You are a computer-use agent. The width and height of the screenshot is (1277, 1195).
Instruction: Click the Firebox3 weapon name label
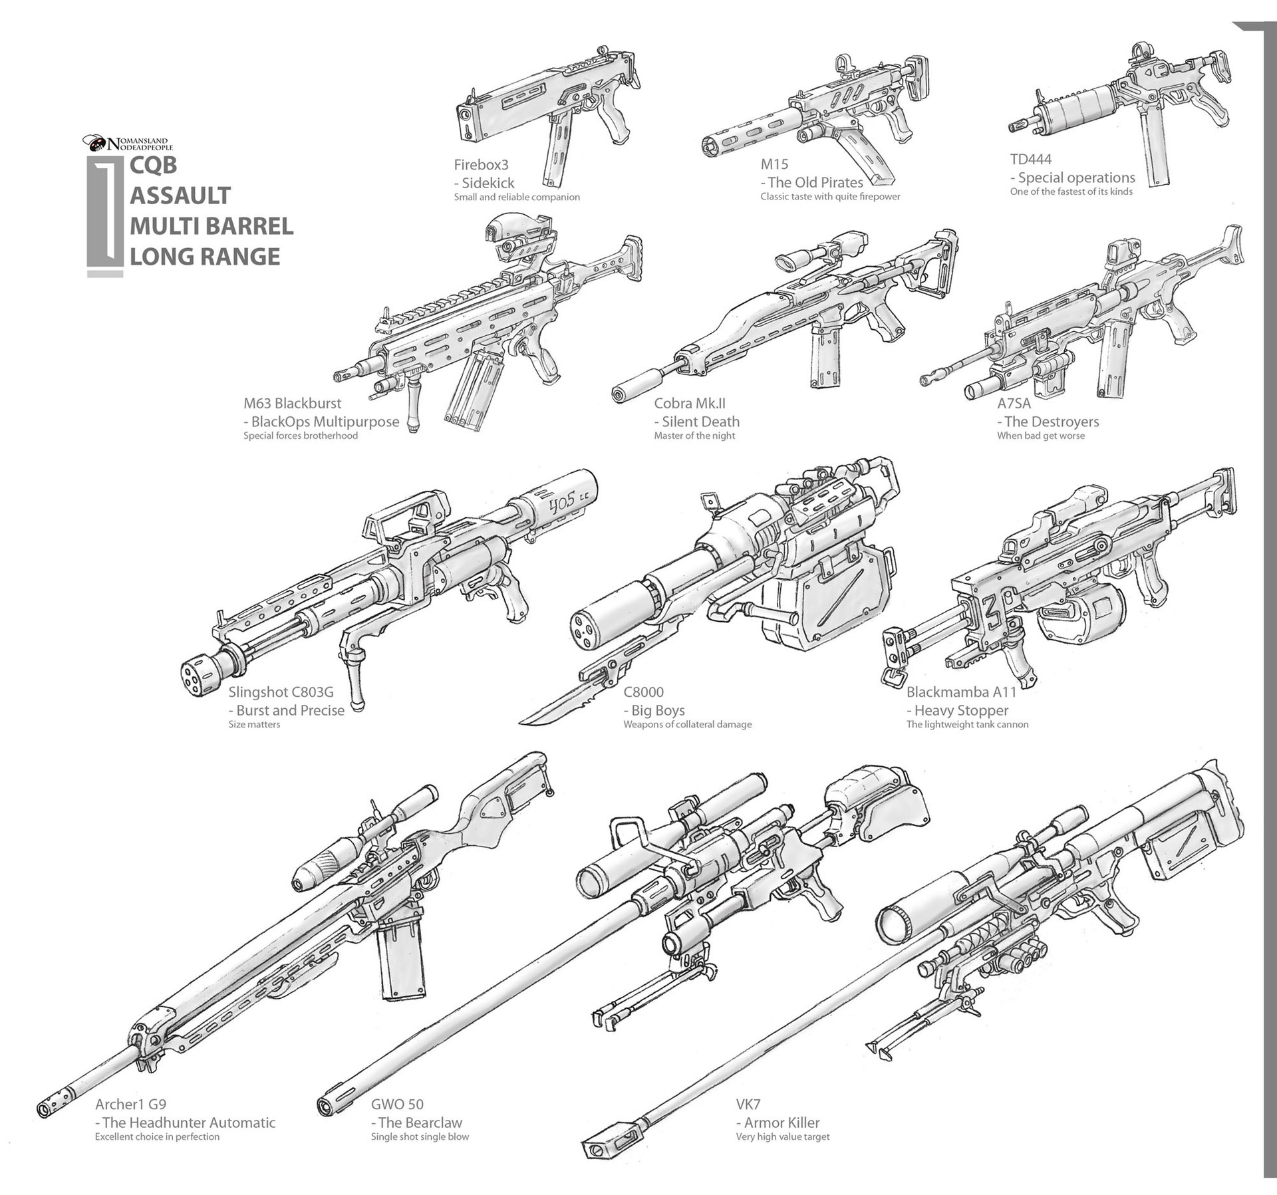pos(481,165)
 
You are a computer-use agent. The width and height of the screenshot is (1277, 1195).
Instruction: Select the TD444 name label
pos(1030,160)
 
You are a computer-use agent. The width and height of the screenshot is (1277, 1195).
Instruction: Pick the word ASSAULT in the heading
pos(180,196)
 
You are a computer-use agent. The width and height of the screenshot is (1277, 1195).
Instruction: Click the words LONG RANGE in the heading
pos(205,256)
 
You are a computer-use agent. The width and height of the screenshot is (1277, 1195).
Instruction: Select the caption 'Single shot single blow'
pos(420,1136)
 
